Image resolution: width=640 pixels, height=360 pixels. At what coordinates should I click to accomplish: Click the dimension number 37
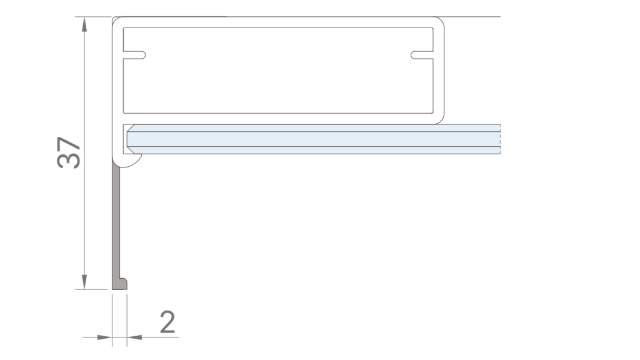click(69, 152)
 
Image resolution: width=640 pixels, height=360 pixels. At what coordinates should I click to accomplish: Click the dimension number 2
click(167, 322)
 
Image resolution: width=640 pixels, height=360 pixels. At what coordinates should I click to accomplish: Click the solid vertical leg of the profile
click(117, 219)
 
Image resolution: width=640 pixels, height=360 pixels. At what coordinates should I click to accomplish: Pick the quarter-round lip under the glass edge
click(133, 162)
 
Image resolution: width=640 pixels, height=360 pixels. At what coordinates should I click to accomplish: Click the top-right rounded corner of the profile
click(440, 22)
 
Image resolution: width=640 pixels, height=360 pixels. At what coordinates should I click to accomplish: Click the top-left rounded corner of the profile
click(117, 22)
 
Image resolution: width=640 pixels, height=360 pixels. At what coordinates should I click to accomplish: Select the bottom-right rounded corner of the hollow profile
click(440, 117)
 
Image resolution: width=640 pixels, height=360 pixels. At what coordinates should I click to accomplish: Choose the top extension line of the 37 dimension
click(94, 16)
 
